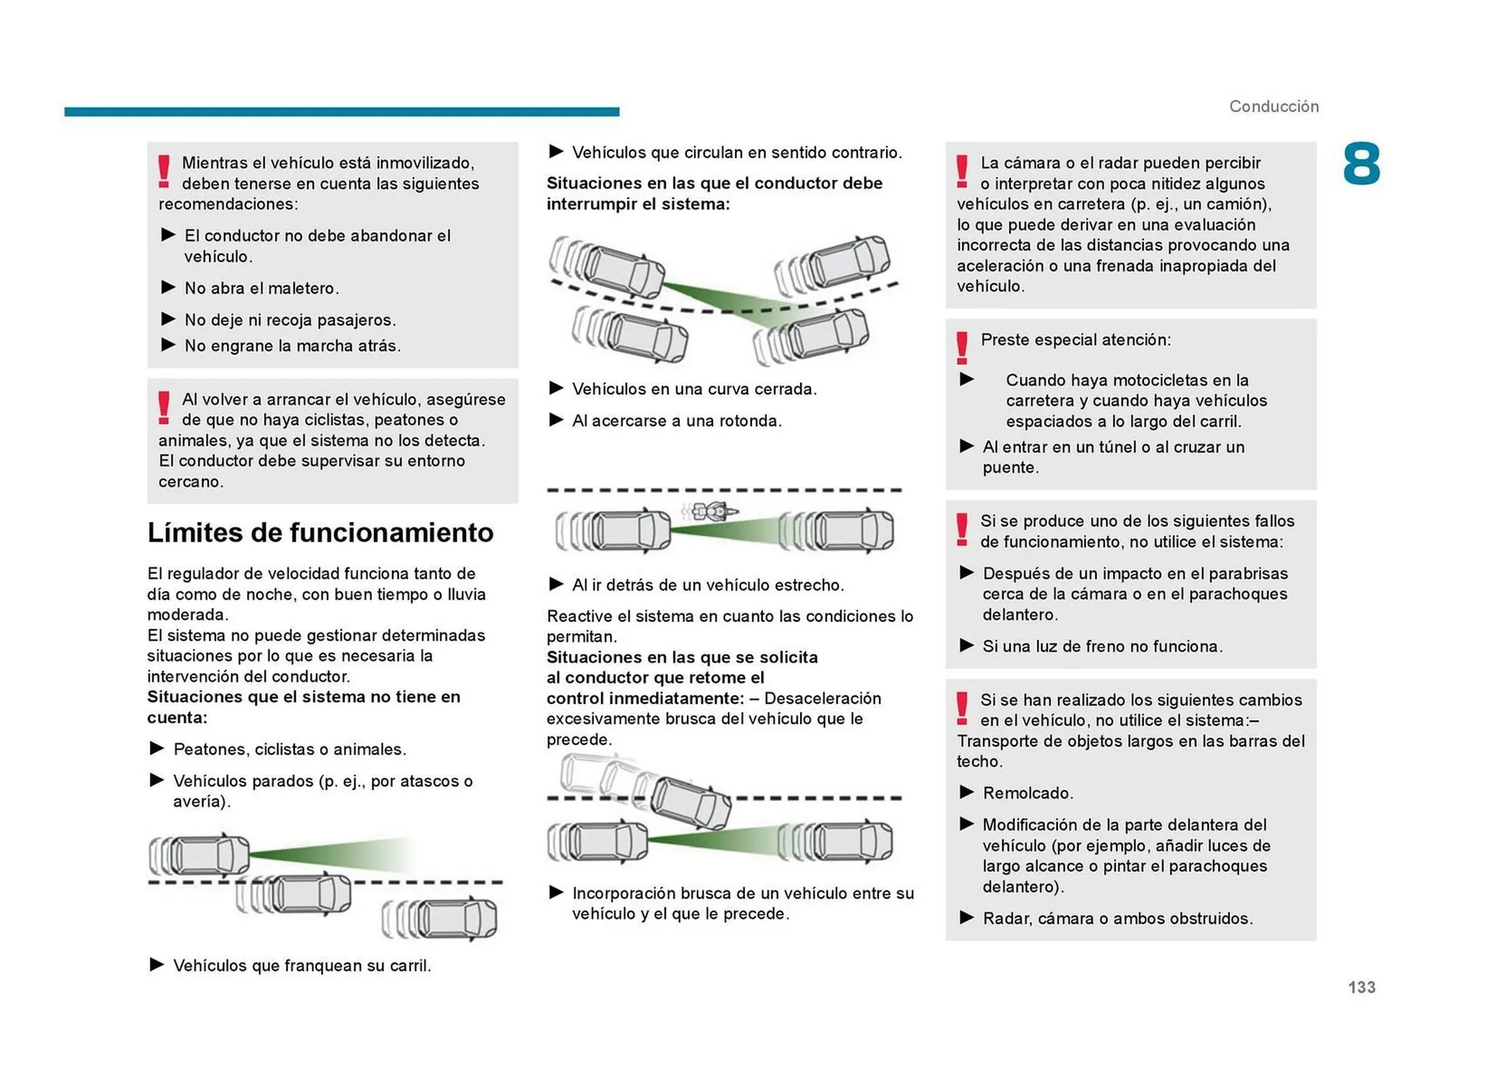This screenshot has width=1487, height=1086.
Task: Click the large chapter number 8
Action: coord(1361,164)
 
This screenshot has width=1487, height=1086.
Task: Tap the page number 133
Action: coord(1361,987)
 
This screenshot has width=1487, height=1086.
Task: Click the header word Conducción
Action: coord(1273,106)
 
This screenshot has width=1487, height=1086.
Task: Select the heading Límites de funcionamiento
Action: coord(320,532)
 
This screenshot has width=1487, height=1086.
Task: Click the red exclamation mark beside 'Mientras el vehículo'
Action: coord(164,170)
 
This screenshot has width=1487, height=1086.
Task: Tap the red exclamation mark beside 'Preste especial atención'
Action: coord(962,348)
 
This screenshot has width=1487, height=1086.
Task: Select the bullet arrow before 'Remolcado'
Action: coord(967,792)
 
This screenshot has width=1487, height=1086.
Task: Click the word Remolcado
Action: coord(1027,793)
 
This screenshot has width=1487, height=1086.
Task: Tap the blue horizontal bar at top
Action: coord(342,112)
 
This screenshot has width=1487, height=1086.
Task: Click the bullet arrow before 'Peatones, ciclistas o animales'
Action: coord(156,748)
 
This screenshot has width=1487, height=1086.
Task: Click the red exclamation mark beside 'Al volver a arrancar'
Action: coord(164,407)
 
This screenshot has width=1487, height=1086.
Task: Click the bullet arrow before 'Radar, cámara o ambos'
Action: coord(967,917)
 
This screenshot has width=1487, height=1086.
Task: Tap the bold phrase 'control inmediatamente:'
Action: coord(644,698)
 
